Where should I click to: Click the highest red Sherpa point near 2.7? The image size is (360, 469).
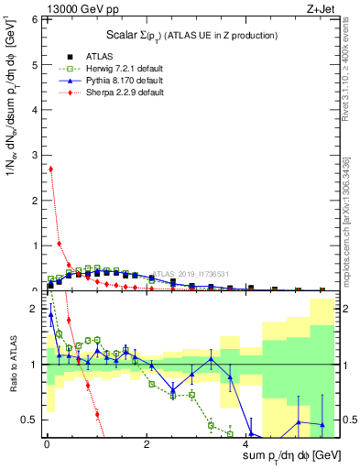pos(50,169)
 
